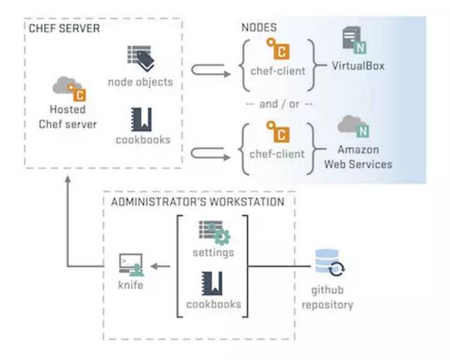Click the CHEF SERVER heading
click(64, 28)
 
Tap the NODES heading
click(259, 28)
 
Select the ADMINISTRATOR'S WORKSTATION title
click(197, 202)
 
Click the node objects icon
click(141, 58)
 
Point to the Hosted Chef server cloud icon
click(69, 88)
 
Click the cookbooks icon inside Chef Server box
click(141, 120)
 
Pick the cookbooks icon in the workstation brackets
click(212, 283)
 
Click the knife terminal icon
click(131, 265)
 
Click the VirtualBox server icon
click(354, 40)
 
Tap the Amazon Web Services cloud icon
click(354, 126)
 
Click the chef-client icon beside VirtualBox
click(278, 49)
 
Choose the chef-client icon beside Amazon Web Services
click(278, 131)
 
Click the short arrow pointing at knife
click(160, 267)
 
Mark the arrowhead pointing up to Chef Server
click(68, 180)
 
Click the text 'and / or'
click(279, 104)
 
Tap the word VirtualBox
click(358, 66)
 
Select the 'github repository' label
click(328, 298)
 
